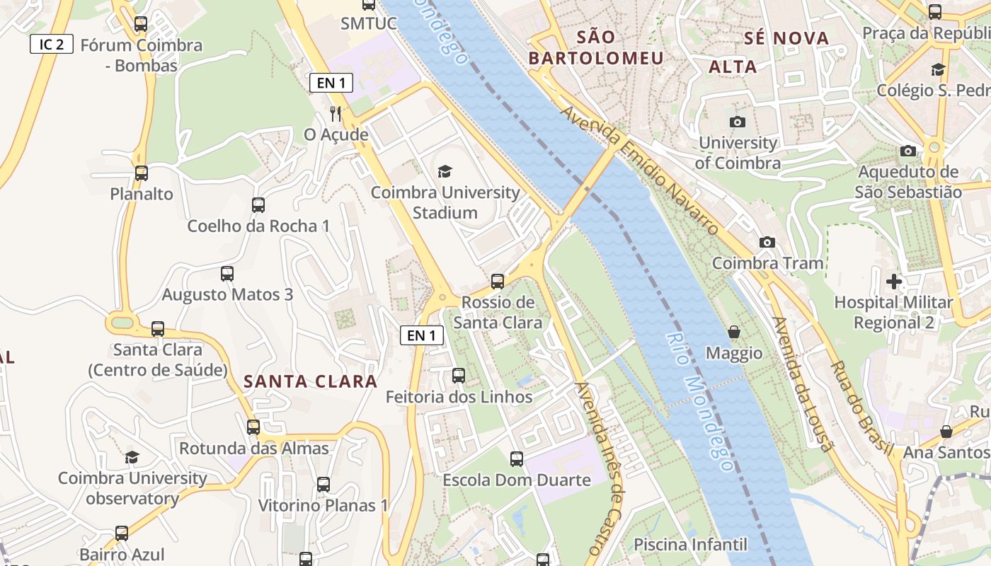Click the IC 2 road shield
[x=52, y=44]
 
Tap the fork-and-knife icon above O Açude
[x=336, y=113]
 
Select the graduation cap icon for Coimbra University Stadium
[x=445, y=171]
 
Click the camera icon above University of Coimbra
[x=738, y=122]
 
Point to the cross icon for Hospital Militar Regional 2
[x=893, y=282]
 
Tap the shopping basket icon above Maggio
[x=735, y=332]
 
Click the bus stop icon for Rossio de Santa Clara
[x=498, y=282]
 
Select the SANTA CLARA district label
[x=310, y=381]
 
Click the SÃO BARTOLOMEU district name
[x=596, y=47]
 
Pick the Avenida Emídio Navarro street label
[x=640, y=172]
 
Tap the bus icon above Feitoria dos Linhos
[x=459, y=376]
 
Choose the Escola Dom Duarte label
[x=516, y=480]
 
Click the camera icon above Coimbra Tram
[x=767, y=242]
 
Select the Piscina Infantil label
[x=690, y=544]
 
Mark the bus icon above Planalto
[x=141, y=173]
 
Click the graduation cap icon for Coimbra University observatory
[x=132, y=457]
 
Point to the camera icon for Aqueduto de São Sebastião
[x=907, y=151]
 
